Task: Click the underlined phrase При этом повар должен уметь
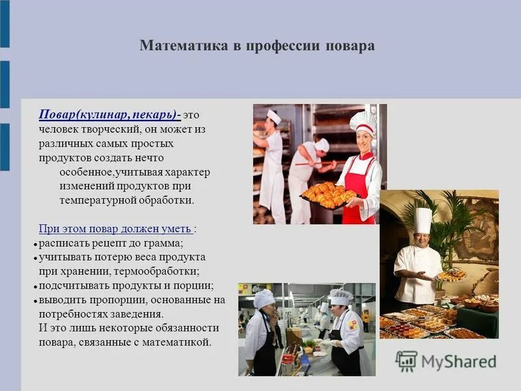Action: [x=115, y=229]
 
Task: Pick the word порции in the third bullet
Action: [x=195, y=285]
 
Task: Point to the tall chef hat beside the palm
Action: [x=423, y=220]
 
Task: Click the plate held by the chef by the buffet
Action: [x=451, y=276]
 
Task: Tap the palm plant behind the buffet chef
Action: [x=456, y=222]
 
